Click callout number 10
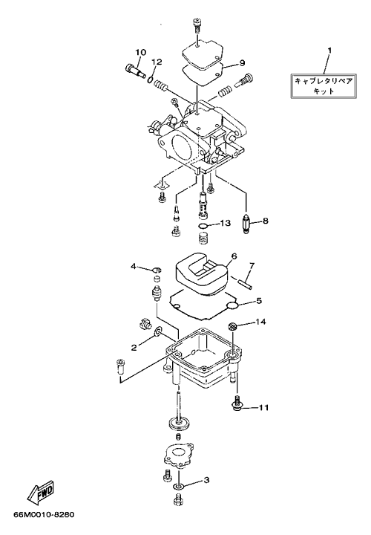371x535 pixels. tap(141, 52)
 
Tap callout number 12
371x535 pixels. tap(157, 62)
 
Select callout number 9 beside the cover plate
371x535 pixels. tap(242, 62)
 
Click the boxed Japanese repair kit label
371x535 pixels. tap(324, 86)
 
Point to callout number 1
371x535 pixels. tap(329, 51)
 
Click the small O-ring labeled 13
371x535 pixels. tap(203, 226)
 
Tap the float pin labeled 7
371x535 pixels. tap(246, 284)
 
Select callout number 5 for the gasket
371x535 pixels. tap(259, 301)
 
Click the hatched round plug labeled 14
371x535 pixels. tap(232, 326)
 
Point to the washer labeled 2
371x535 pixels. tap(158, 331)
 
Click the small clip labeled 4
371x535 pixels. tap(156, 270)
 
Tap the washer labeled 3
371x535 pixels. tap(178, 485)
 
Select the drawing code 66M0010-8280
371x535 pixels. tap(44, 514)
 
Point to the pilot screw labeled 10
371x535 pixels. tap(135, 70)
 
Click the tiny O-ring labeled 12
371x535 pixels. tap(151, 80)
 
